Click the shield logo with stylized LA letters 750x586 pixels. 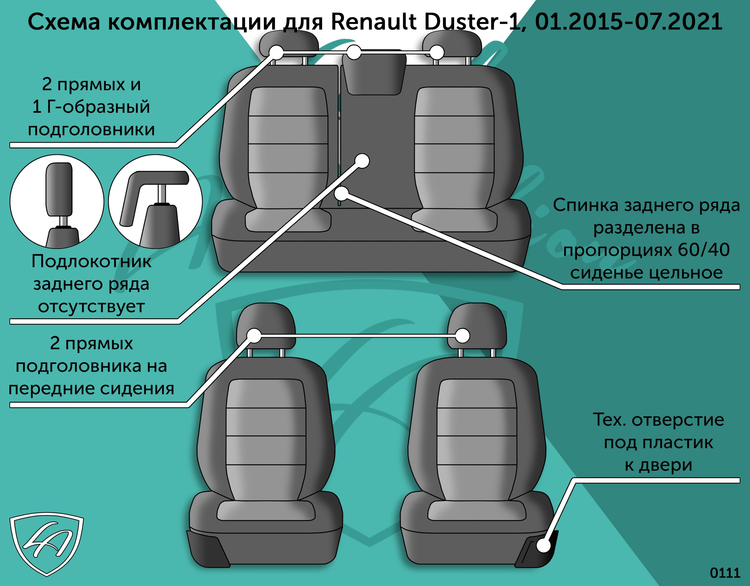(46, 545)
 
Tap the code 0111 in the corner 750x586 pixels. (725, 573)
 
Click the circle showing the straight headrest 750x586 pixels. (57, 202)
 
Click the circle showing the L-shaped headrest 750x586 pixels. (155, 202)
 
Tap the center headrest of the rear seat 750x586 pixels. (374, 74)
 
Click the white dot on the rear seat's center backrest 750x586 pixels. (362, 161)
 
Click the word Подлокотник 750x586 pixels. (91, 262)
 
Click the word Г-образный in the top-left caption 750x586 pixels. (98, 107)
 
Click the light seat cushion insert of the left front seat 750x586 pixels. (266, 511)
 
